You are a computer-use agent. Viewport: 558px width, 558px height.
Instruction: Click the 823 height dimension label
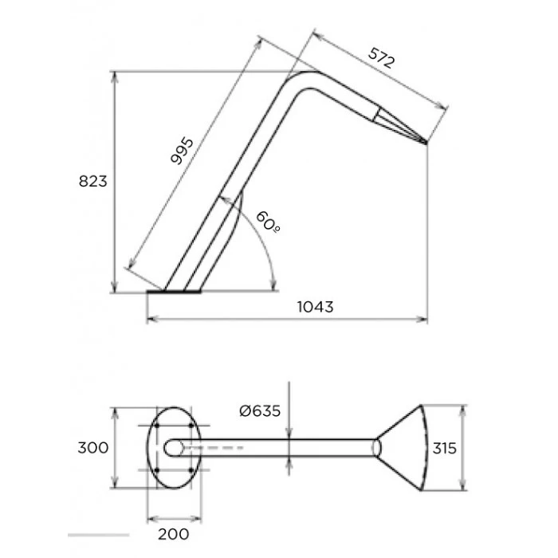click(x=93, y=181)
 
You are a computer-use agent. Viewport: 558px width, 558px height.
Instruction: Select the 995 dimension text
click(x=182, y=151)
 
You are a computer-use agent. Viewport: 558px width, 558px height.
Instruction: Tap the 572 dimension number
click(x=381, y=58)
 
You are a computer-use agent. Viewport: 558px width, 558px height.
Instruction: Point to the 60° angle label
click(x=268, y=222)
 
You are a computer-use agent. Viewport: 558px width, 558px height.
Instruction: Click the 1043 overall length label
click(x=316, y=307)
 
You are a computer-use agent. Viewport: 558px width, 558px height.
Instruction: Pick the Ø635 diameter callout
click(x=260, y=411)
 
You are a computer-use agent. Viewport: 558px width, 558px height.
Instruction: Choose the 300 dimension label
click(x=93, y=448)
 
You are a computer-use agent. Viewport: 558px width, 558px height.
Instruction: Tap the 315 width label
click(x=445, y=448)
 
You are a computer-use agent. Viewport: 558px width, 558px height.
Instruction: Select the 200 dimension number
click(x=173, y=534)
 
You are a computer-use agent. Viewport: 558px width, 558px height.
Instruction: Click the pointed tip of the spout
click(x=426, y=143)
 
